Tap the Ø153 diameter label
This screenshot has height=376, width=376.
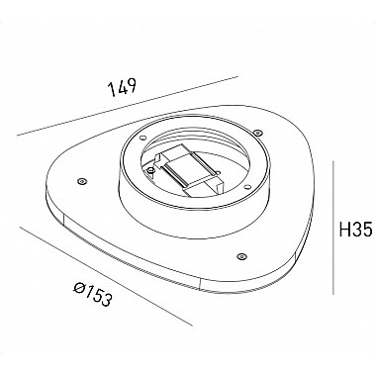click(x=93, y=295)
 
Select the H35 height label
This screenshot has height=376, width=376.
click(x=356, y=229)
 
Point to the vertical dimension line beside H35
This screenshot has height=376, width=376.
click(x=333, y=228)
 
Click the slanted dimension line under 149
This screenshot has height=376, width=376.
click(x=128, y=106)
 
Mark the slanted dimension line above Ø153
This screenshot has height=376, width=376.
click(x=107, y=276)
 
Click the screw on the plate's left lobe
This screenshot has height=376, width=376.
click(x=81, y=181)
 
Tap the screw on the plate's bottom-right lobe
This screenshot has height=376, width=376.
click(x=241, y=256)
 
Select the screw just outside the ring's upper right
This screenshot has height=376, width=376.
click(x=257, y=133)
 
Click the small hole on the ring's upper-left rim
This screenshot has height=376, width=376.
click(x=142, y=138)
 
